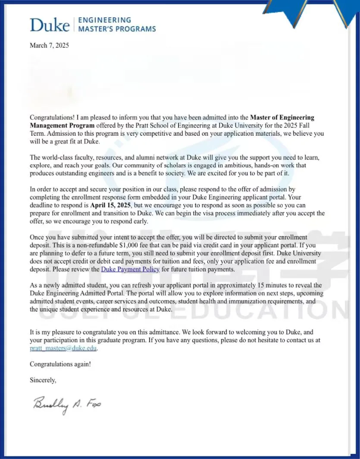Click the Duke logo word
pyautogui.click(x=49, y=25)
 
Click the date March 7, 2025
pyautogui.click(x=49, y=45)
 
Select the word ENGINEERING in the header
pyautogui.click(x=104, y=20)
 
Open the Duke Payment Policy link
pyautogui.click(x=130, y=269)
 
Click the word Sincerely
pyautogui.click(x=43, y=380)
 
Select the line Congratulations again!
pyautogui.click(x=60, y=364)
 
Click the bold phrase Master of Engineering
pyautogui.click(x=282, y=118)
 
